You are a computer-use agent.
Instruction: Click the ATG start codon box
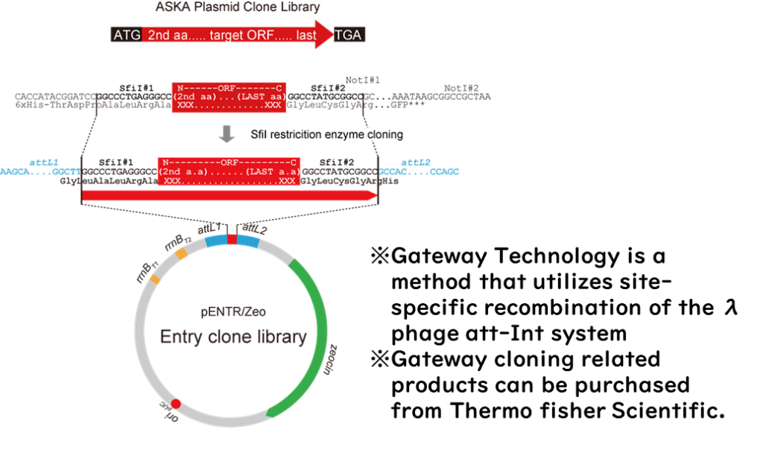coord(126,35)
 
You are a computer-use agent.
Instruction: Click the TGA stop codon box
coord(348,35)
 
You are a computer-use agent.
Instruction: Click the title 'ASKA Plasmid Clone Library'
coord(238,7)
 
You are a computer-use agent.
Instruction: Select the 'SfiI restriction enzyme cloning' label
coord(327,135)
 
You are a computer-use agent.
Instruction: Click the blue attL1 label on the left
coord(44,162)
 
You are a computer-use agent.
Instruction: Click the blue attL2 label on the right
coord(416,162)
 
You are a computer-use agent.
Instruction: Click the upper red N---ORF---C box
coord(228,98)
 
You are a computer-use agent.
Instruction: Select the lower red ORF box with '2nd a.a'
coord(229,172)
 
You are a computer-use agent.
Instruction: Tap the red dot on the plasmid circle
coord(176,404)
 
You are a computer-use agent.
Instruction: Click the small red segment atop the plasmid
coord(232,239)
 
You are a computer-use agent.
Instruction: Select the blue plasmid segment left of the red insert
coord(216,241)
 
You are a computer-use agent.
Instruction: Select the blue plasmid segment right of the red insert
coord(247,241)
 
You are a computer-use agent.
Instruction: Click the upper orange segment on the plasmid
coord(182,253)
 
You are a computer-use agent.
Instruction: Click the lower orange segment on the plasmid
coord(155,279)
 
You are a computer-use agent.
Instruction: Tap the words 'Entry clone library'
coord(232,337)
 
